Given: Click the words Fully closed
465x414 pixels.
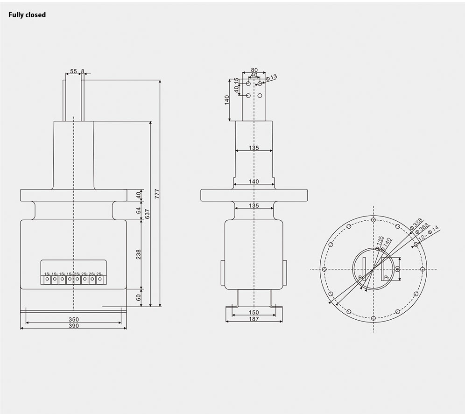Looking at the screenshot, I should (x=27, y=15).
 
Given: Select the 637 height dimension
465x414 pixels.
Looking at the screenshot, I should (x=148, y=213).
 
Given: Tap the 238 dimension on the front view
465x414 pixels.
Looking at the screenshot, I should (x=138, y=254).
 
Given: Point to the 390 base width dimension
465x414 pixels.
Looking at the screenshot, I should (x=73, y=326).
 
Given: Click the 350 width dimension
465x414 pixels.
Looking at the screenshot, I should (x=73, y=320).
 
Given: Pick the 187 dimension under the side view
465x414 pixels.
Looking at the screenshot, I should (x=254, y=319).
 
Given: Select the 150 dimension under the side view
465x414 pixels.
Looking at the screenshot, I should (x=254, y=313).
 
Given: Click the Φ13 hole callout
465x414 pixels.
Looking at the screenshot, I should (x=271, y=77).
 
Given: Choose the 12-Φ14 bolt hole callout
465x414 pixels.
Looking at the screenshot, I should (x=429, y=234).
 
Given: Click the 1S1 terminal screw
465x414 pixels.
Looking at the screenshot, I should (x=47, y=280).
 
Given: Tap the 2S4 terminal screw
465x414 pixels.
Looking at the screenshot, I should (x=99, y=280).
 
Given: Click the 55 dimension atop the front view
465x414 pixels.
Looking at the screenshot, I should (x=73, y=71).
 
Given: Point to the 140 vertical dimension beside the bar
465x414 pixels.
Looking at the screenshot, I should (x=227, y=100).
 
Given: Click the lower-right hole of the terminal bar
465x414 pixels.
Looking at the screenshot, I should (x=260, y=96).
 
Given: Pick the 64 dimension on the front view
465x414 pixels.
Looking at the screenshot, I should (x=138, y=211).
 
